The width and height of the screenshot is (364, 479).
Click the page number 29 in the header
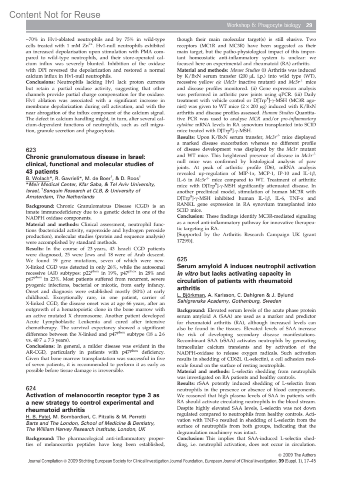point(309,25)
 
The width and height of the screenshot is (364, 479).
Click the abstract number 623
point(31,150)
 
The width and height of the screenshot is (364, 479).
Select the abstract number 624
point(31,388)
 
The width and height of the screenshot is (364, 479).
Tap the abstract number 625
point(182,259)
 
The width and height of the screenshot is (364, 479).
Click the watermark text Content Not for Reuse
point(55,15)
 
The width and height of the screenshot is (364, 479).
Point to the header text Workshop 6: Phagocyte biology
point(264,25)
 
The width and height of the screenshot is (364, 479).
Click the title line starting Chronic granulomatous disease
point(86,157)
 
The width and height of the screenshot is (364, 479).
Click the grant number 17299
point(183,241)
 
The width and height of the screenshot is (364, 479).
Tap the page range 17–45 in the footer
point(310,461)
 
